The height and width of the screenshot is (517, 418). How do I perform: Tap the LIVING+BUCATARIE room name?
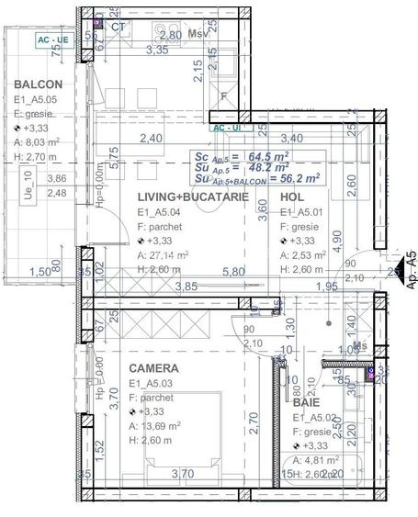193,198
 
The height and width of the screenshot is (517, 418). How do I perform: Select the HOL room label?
293,197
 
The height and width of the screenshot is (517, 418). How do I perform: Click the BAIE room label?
307,402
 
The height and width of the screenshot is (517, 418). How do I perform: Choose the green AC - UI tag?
226,129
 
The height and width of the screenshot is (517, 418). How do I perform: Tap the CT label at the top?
118,27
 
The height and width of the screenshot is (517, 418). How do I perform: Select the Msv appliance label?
196,34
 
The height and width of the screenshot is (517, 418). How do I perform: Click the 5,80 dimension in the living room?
233,272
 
